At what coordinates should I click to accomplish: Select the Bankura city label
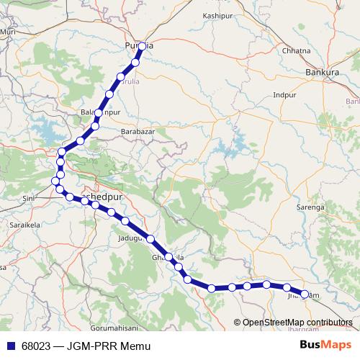pyautogui.click(x=322, y=73)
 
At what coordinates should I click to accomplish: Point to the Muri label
pyautogui.click(x=9, y=32)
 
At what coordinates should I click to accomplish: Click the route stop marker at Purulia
pyautogui.click(x=142, y=46)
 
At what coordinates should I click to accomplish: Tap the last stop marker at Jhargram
pyautogui.click(x=304, y=294)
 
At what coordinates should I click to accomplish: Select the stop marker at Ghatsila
pyautogui.click(x=170, y=257)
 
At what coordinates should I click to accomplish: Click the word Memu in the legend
pyautogui.click(x=136, y=346)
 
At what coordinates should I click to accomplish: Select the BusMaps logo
pyautogui.click(x=325, y=345)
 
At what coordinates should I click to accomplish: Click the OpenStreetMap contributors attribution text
pyautogui.click(x=297, y=322)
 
